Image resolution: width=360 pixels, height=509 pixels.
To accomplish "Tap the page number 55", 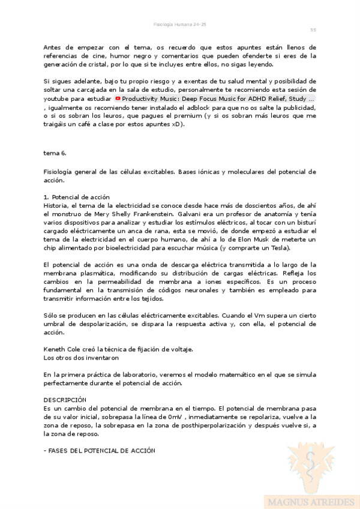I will pyautogui.click(x=313, y=29).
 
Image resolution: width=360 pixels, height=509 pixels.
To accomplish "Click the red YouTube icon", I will pyautogui.click(x=118, y=98).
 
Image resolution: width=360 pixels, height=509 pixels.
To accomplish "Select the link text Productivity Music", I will pyautogui.click(x=147, y=98).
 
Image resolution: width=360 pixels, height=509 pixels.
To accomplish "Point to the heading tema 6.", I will pyautogui.click(x=55, y=153).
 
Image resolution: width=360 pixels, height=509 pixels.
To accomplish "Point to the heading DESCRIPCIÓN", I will pyautogui.click(x=65, y=399).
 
